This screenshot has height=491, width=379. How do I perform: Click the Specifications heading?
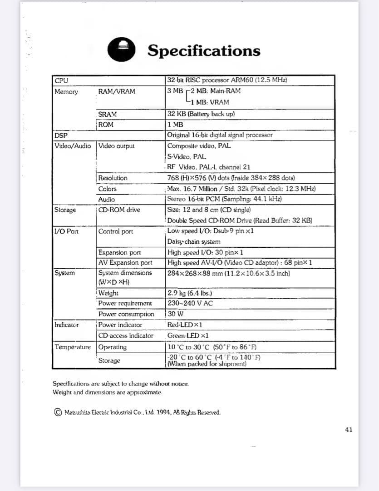point(204,50)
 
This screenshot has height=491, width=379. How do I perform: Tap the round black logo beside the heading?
point(122,49)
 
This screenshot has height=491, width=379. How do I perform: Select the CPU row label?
point(61,80)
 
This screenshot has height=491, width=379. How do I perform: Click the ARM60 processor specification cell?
point(227,80)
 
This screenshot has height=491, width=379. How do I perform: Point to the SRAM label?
point(107,114)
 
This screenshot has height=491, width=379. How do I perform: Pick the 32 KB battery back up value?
point(201,114)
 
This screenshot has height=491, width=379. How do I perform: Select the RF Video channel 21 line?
point(208,167)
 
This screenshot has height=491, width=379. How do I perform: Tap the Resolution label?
point(113,178)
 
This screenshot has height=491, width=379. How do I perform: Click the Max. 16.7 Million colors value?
point(241,189)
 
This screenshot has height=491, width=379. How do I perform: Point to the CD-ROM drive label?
point(119,210)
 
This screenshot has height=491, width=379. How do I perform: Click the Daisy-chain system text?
point(194,242)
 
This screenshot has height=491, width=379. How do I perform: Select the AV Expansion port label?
point(125,262)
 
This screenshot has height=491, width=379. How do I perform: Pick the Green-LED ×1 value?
point(188,336)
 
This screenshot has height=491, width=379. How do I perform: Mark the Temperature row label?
point(73,347)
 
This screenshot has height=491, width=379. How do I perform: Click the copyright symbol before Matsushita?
point(58,412)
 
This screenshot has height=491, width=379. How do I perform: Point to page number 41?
point(348,430)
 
